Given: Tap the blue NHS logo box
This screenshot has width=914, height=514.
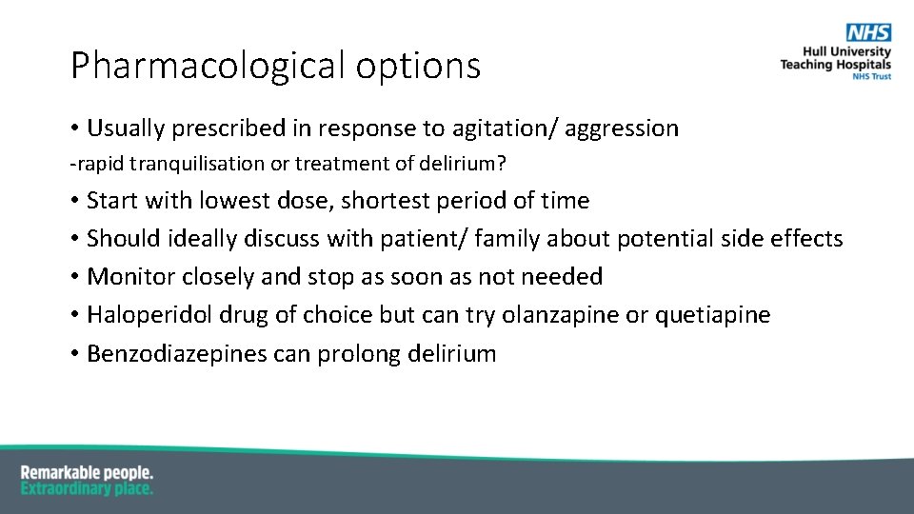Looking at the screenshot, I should pos(869,32).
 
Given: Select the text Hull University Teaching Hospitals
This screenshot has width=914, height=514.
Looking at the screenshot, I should pos(836,58).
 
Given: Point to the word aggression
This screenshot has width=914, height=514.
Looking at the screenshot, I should pos(622,128).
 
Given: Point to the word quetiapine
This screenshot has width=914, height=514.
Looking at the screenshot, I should pos(712,315).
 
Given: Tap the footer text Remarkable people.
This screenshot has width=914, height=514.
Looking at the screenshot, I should pos(87,473).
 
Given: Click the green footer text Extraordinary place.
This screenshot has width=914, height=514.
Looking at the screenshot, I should pos(87,488).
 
